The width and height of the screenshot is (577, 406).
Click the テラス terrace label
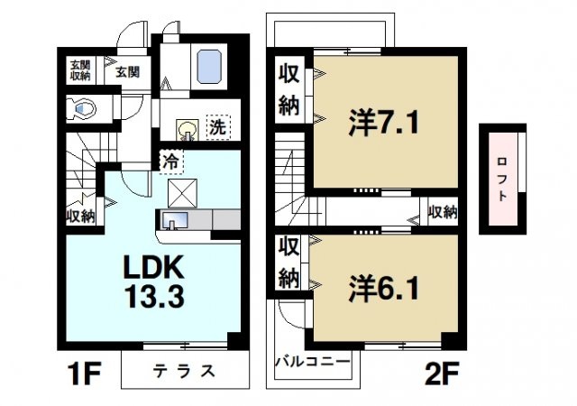[x=183, y=371]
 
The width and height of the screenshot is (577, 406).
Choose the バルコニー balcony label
[x=311, y=362]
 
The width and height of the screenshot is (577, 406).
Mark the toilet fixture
[x=83, y=109]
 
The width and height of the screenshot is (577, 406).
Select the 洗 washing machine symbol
[x=217, y=127]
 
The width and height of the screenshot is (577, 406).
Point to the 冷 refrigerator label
[x=169, y=162]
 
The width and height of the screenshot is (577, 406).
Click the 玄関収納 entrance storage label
[x=80, y=70]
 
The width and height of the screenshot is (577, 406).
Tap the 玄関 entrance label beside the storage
[x=125, y=71]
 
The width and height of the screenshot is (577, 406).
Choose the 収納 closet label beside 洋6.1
[x=288, y=263]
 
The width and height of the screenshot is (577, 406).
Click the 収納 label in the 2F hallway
[x=441, y=213]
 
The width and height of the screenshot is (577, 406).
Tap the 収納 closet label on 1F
[x=79, y=216]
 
